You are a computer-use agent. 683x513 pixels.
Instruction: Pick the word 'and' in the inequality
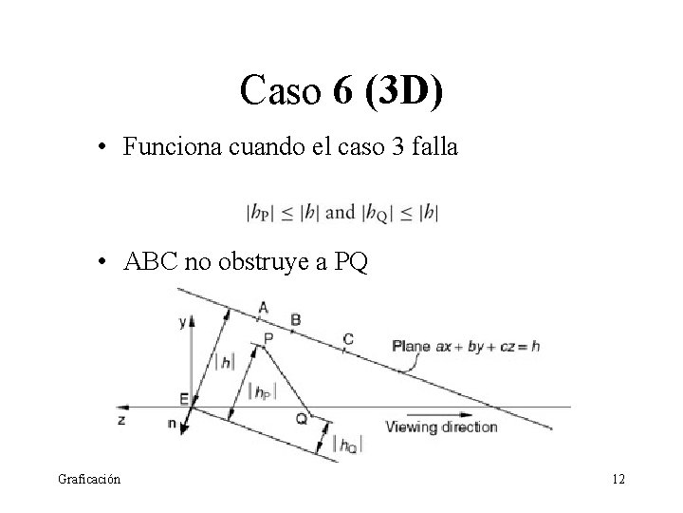pyautogui.click(x=340, y=213)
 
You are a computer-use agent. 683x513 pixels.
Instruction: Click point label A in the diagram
pyautogui.click(x=263, y=306)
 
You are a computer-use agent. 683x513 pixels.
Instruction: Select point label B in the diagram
pyautogui.click(x=295, y=320)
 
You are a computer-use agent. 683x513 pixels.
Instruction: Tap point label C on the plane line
pyautogui.click(x=348, y=338)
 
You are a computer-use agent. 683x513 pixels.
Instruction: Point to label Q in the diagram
pyautogui.click(x=302, y=418)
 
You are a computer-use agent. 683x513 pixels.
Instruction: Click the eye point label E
pyautogui.click(x=184, y=398)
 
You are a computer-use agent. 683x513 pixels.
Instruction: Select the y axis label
pyautogui.click(x=183, y=322)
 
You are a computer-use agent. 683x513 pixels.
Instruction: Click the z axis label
pyautogui.click(x=121, y=418)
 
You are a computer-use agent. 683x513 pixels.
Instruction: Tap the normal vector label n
pyautogui.click(x=172, y=425)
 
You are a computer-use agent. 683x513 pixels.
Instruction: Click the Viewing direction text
pyautogui.click(x=441, y=427)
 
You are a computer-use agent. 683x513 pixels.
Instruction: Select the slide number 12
pyautogui.click(x=618, y=480)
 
